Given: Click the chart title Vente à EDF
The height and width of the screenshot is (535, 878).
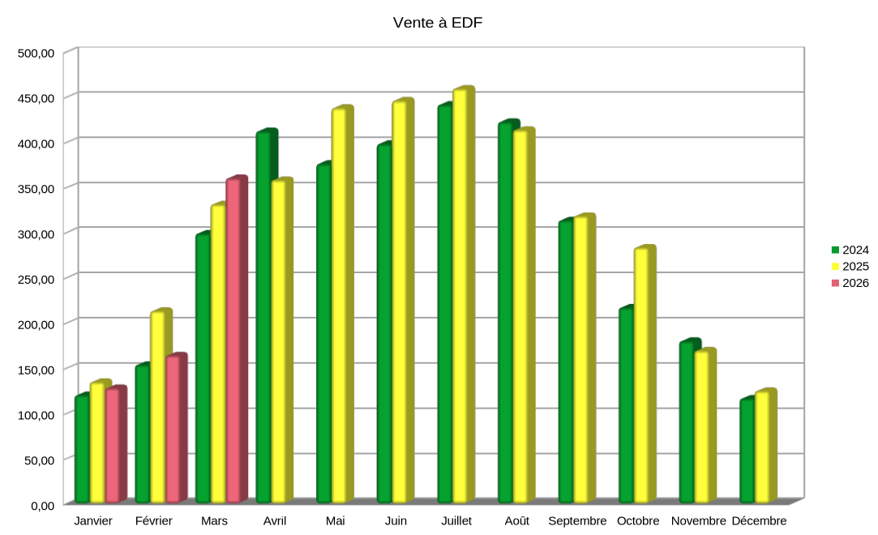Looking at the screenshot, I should tap(438, 23).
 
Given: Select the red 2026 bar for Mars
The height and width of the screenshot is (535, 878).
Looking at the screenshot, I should tap(233, 340).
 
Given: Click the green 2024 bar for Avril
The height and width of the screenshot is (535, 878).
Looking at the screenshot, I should tap(264, 316).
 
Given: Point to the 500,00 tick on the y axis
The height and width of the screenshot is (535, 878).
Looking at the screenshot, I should tap(36, 53).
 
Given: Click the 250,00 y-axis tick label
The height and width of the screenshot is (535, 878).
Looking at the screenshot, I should tap(36, 279).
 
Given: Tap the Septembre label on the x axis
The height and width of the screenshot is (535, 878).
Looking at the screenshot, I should tap(577, 521).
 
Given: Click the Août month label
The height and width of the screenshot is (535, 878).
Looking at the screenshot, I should tap(516, 521).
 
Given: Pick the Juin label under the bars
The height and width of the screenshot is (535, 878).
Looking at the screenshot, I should tap(396, 521).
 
